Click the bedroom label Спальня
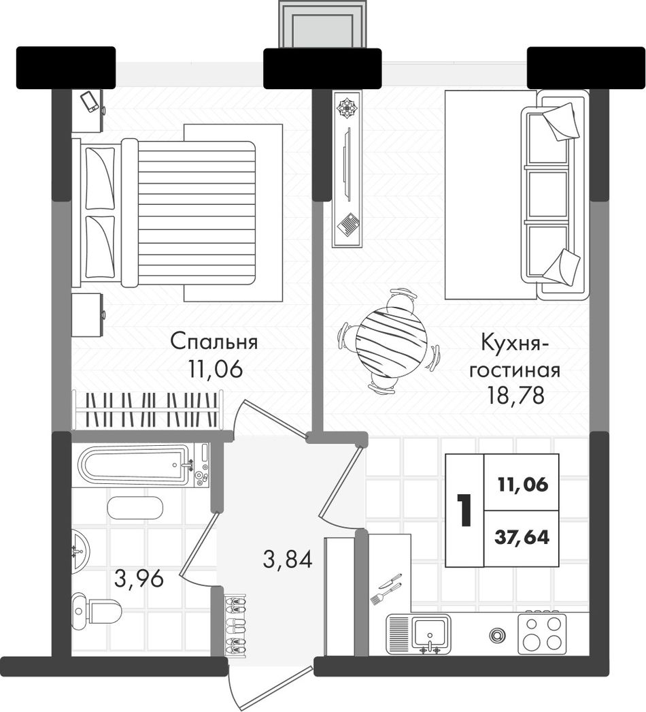click(x=214, y=342)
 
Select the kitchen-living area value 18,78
click(x=515, y=396)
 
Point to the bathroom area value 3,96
click(x=139, y=579)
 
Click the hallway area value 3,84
click(x=288, y=559)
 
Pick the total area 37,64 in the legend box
click(x=522, y=538)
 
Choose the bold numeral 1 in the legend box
click(x=465, y=511)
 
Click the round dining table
click(x=391, y=340)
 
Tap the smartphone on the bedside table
click(x=89, y=102)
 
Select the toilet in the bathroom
click(x=96, y=609)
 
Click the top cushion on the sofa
click(x=561, y=121)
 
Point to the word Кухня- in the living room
click(x=515, y=343)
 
